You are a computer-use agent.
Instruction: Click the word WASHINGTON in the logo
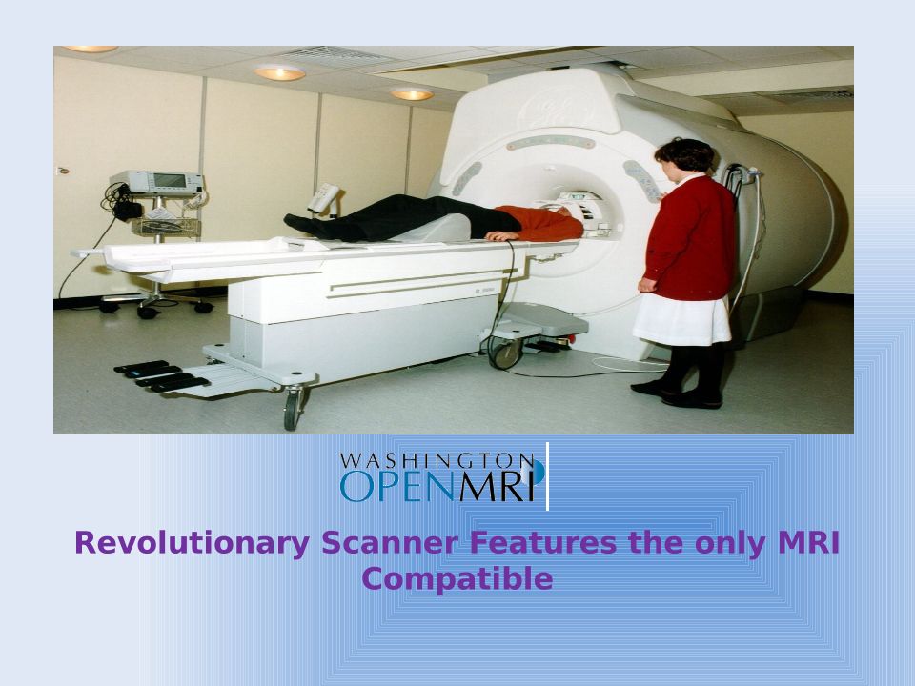(x=437, y=461)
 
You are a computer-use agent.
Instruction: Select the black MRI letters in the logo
(x=497, y=486)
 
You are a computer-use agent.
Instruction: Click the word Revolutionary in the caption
(x=192, y=543)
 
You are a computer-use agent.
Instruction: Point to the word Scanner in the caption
(x=389, y=542)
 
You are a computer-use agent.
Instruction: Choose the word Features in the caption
(x=542, y=542)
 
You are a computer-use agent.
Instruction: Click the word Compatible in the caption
(x=457, y=580)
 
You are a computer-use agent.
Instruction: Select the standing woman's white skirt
(x=681, y=320)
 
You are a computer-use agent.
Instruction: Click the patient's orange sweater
(x=539, y=223)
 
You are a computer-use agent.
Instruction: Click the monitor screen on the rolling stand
(x=170, y=181)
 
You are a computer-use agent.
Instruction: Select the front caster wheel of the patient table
(x=293, y=409)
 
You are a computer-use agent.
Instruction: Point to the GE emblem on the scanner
(x=559, y=109)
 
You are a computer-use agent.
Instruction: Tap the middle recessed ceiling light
(x=279, y=73)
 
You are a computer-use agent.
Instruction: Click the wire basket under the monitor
(x=166, y=227)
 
